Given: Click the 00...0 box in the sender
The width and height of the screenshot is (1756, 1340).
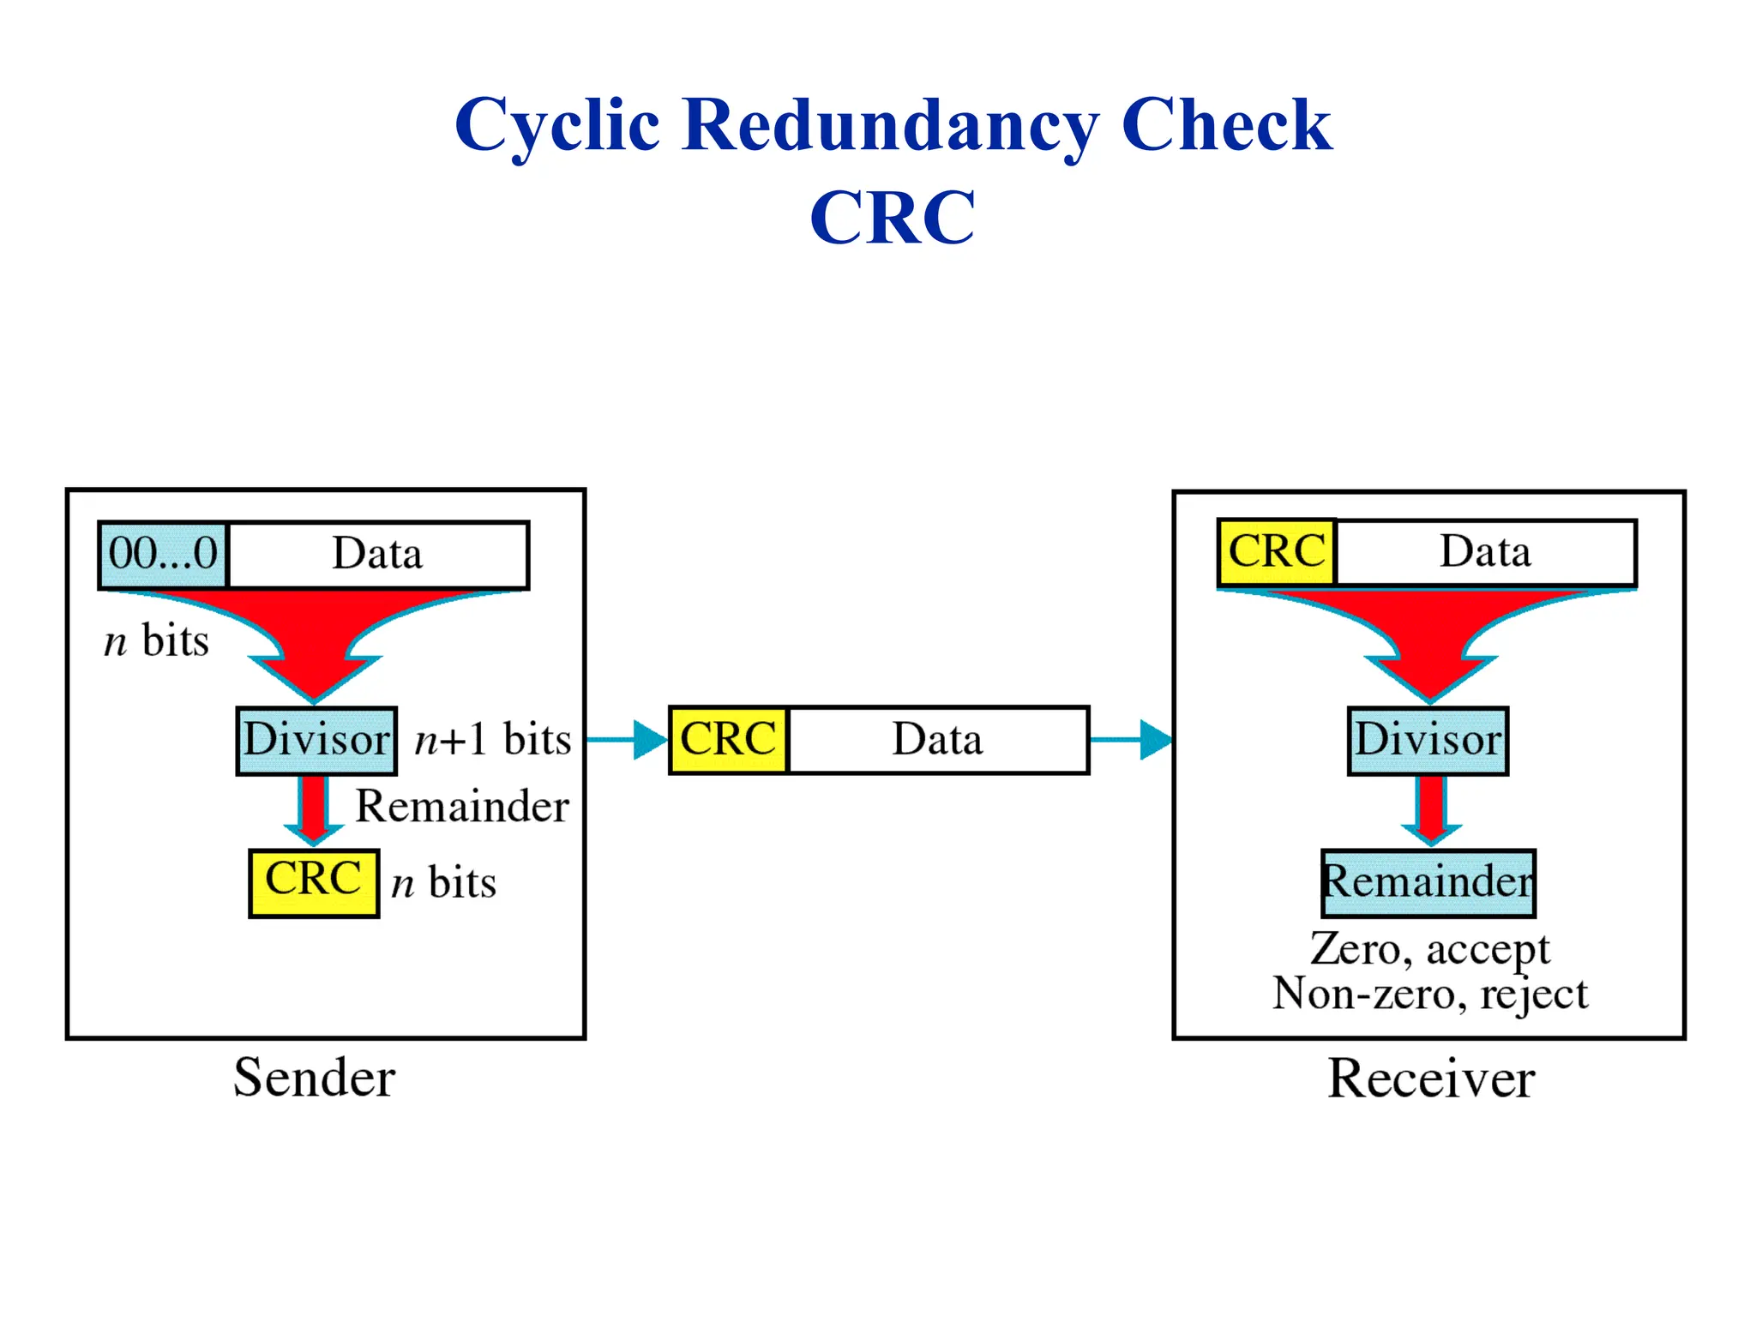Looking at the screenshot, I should click(163, 555).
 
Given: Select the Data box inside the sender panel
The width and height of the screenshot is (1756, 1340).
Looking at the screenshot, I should click(378, 555).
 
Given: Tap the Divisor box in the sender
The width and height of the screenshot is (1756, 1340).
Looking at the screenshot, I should click(316, 741).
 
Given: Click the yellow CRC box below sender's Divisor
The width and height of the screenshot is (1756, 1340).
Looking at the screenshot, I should click(314, 883).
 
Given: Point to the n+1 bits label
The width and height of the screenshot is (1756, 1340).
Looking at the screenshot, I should click(492, 739).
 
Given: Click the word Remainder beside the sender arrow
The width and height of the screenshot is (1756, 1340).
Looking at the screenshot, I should click(462, 806).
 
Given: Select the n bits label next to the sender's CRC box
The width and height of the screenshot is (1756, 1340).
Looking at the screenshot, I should click(443, 883).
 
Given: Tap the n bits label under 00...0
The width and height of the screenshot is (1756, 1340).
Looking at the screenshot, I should click(156, 641).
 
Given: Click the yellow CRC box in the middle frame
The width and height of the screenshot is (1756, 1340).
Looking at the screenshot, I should click(728, 740).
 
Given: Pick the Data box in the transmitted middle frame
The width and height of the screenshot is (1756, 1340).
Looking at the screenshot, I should click(938, 740).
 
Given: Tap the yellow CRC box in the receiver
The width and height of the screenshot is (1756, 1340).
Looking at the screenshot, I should click(1277, 552).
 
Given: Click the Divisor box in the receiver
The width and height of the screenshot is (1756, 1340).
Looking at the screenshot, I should click(1428, 741).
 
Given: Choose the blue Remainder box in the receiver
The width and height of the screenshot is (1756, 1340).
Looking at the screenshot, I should click(1428, 883).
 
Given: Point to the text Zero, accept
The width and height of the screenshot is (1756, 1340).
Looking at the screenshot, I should click(1429, 949).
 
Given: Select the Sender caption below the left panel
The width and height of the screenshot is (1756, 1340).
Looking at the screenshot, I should click(315, 1078).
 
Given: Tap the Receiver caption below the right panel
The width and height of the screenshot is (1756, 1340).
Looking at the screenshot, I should click(1431, 1079).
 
